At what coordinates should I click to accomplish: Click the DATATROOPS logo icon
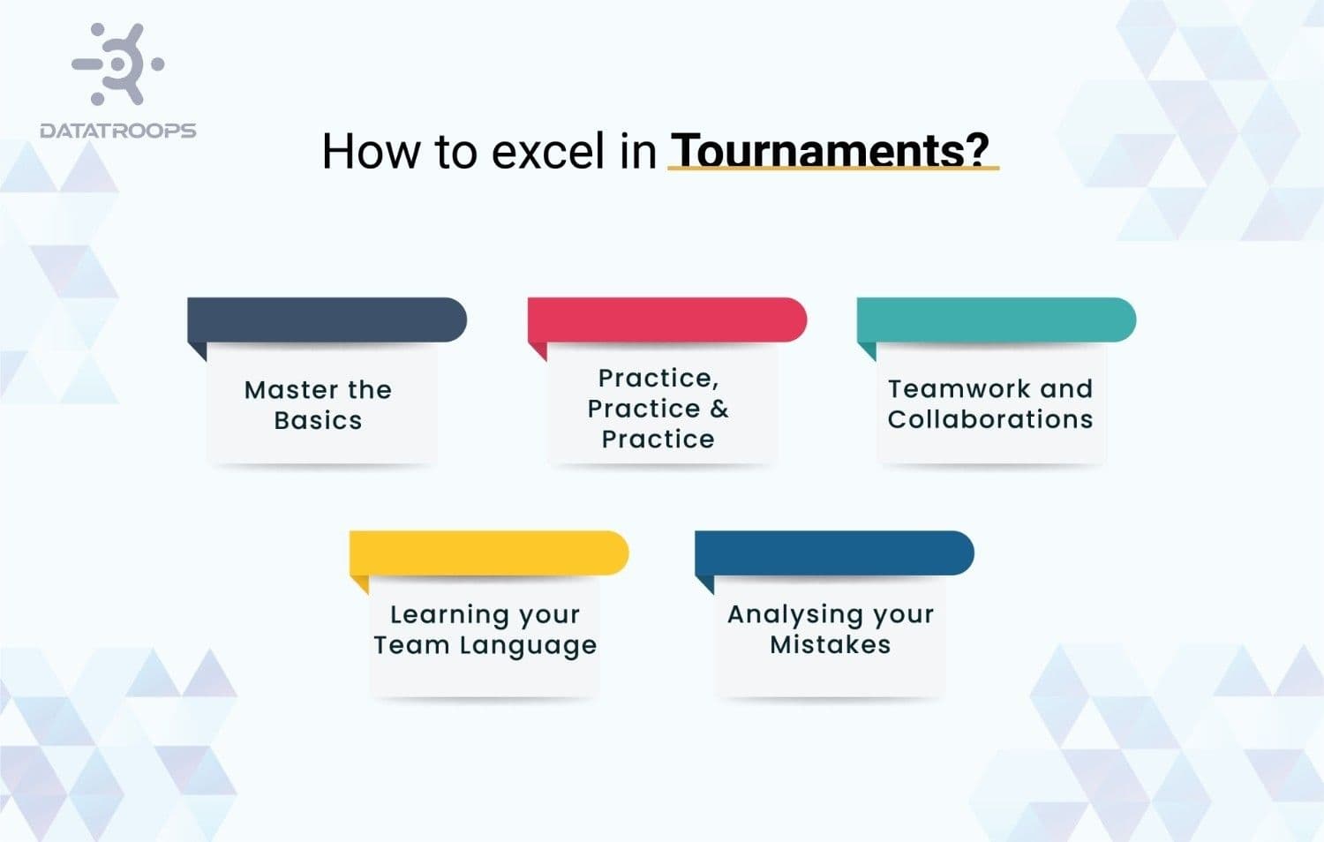click(118, 64)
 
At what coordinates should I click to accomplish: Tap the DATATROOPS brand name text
click(118, 131)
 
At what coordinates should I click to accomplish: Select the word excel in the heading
click(547, 151)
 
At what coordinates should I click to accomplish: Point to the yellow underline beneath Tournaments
click(832, 168)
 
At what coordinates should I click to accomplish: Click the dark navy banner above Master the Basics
click(327, 320)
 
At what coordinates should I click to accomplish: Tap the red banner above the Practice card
click(666, 320)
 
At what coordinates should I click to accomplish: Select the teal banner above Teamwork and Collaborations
click(996, 320)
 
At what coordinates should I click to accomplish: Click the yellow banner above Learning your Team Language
click(488, 553)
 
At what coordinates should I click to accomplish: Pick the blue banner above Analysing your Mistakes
click(834, 553)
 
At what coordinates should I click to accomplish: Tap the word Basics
click(318, 420)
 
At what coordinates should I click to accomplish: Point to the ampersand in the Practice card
click(719, 409)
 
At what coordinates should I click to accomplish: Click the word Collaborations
click(990, 419)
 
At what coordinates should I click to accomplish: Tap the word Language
click(528, 646)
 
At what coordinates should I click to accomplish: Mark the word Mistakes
click(830, 645)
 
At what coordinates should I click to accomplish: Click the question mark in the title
click(976, 150)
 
